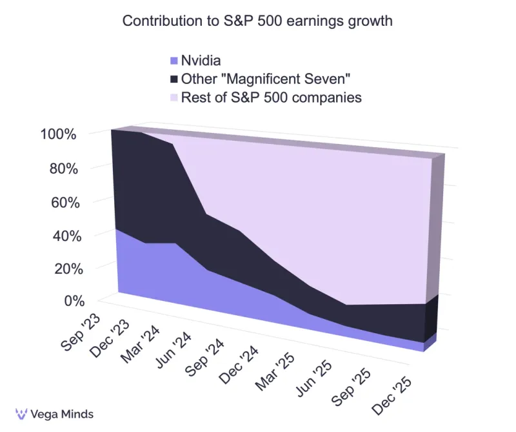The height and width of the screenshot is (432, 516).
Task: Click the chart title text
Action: (257, 21)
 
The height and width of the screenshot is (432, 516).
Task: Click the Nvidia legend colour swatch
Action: (173, 61)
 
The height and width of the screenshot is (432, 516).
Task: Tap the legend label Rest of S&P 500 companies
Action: (271, 98)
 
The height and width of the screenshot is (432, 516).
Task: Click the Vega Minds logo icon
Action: (21, 414)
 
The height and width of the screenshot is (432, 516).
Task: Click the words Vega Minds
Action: (63, 414)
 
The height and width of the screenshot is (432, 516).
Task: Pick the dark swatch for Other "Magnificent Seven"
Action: (173, 79)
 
